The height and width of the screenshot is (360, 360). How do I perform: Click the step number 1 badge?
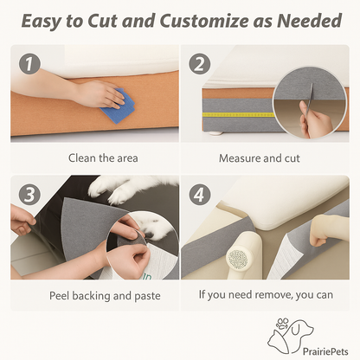coord(29,64)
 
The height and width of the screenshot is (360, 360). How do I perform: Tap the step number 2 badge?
coord(200,64)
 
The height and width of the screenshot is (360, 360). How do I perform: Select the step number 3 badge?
coord(29,195)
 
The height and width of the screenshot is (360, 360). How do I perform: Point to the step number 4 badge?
coord(200,195)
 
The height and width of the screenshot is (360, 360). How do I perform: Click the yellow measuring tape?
coord(238,115)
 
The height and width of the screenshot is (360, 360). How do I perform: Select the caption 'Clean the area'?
coord(103,158)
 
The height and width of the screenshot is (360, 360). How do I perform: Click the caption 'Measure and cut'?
coord(260,158)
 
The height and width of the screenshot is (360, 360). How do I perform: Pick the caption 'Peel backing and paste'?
coord(105,296)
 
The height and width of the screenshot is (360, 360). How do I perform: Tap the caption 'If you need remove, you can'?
coord(266,295)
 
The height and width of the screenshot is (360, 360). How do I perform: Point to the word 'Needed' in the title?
coord(309,21)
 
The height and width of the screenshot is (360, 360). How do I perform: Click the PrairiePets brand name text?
coord(325,351)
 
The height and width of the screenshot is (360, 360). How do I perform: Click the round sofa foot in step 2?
coord(215,133)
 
